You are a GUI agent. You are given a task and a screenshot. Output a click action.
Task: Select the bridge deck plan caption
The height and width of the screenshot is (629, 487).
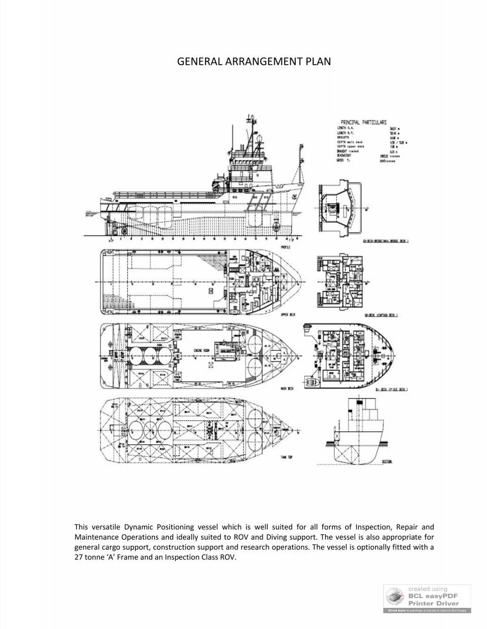pos(386,241)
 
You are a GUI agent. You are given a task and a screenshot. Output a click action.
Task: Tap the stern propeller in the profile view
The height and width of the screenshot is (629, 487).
pos(123,231)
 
